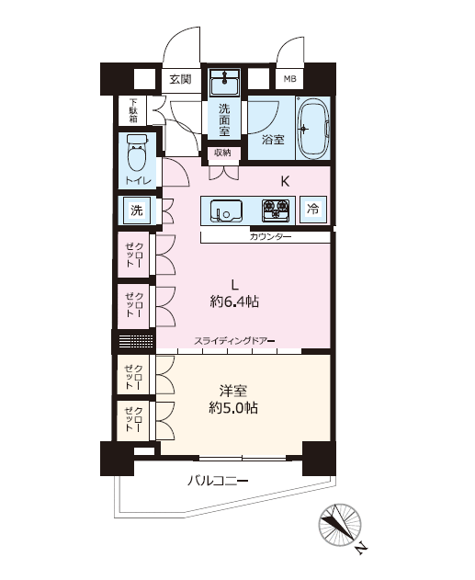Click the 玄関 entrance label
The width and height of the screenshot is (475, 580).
coord(180,79)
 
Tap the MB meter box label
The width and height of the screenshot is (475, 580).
coord(289,79)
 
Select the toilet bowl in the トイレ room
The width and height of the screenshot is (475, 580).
coord(136,154)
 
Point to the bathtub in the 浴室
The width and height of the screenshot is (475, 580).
coord(313,129)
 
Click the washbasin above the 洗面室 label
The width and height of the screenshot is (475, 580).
coord(224,84)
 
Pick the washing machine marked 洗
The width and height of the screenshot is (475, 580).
coord(136,210)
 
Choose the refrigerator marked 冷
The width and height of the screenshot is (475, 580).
coord(312,210)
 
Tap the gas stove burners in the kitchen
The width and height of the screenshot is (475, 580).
coord(276,210)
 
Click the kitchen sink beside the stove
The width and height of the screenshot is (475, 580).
coord(226,210)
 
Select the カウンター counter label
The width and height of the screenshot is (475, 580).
coord(270,237)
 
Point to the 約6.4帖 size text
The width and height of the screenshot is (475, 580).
coord(234,301)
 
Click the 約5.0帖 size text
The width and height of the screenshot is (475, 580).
coord(233,408)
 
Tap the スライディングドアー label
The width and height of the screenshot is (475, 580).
coord(234,341)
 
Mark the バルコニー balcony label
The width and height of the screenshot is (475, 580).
coord(218,481)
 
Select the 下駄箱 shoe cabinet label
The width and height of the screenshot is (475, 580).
coord(133,110)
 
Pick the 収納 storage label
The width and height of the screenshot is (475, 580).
coord(222,153)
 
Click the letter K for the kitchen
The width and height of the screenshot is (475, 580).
coord(285,182)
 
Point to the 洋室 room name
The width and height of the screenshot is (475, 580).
coord(233,391)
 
